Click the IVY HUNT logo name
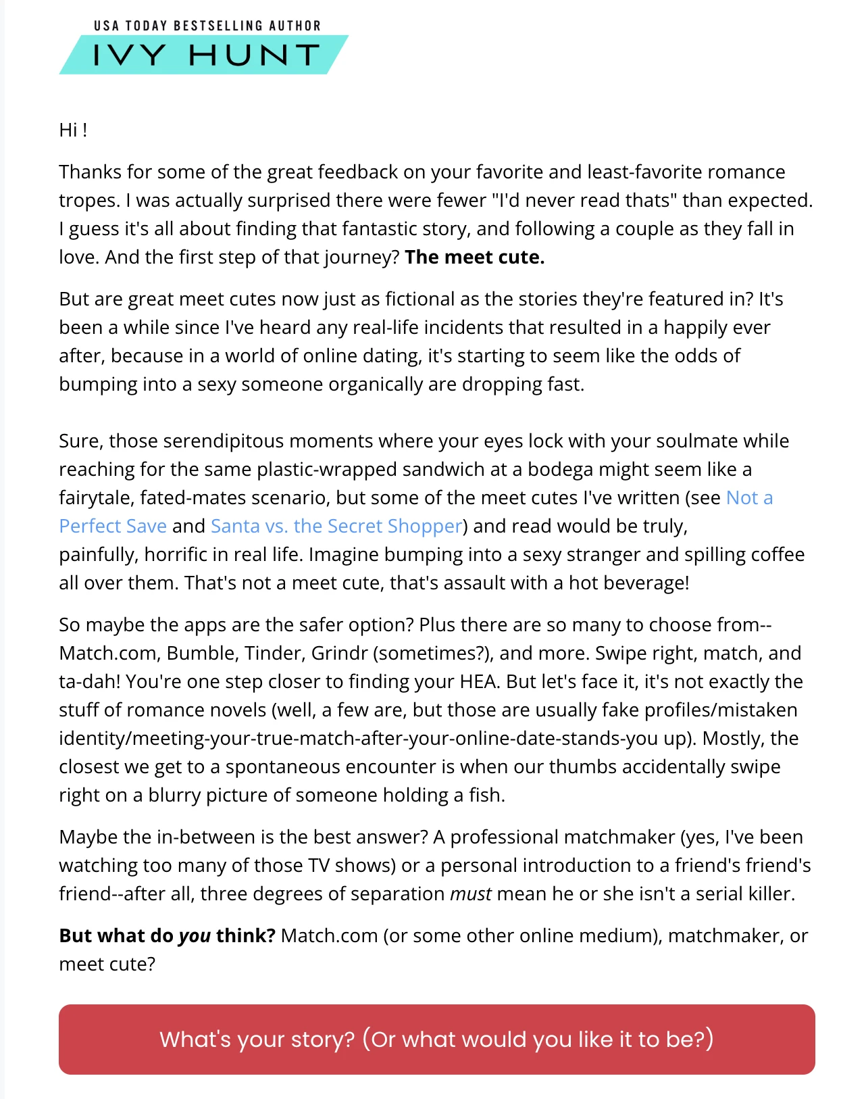[206, 55]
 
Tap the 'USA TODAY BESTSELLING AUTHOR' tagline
[207, 26]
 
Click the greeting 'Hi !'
[73, 130]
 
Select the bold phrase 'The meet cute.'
[474, 258]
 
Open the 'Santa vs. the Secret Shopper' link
[336, 526]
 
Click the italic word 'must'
[470, 894]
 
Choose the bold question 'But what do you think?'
[167, 936]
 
